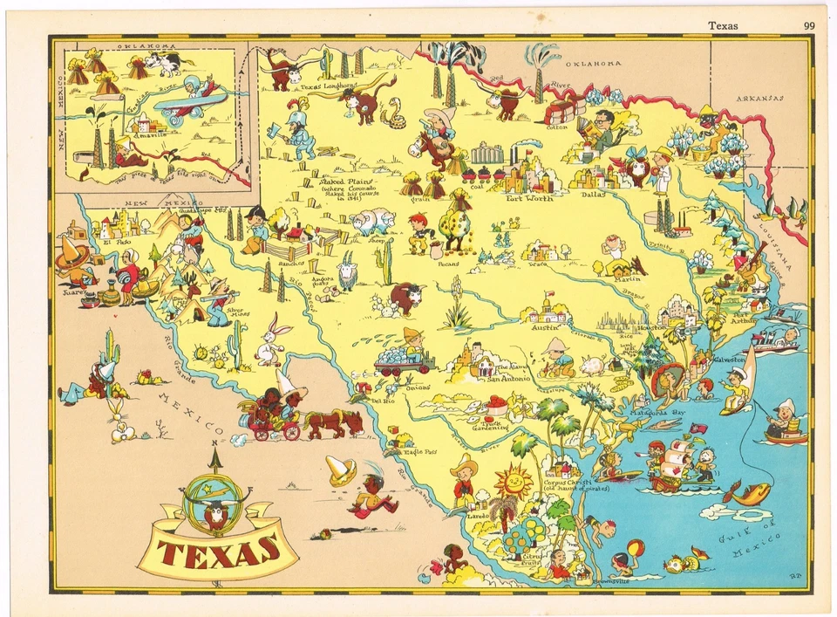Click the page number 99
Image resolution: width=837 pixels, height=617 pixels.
[811, 25]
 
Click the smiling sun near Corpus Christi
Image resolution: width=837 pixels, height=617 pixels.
[514, 482]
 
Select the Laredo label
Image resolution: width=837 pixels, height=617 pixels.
[479, 516]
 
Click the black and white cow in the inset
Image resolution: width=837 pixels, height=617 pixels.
[163, 64]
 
